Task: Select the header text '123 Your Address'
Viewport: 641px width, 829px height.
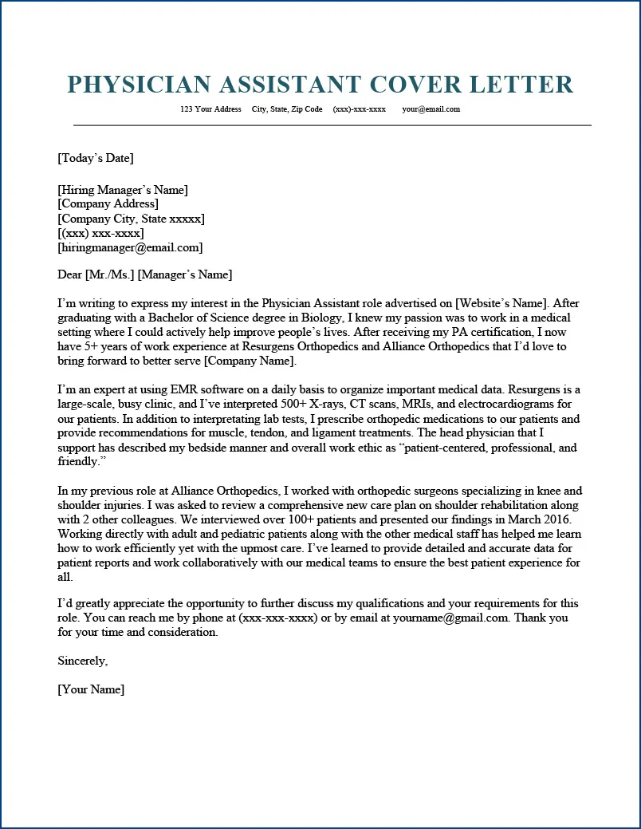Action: (x=210, y=109)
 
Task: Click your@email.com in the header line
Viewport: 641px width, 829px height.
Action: (x=431, y=109)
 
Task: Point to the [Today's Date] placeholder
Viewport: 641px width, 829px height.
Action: (x=96, y=158)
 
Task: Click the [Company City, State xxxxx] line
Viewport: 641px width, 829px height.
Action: (x=131, y=219)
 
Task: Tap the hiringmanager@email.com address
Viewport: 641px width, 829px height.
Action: (x=130, y=247)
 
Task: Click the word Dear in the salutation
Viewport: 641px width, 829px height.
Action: (x=69, y=275)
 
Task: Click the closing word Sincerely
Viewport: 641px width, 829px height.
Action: (x=82, y=661)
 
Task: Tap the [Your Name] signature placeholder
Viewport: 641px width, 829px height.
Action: (x=91, y=689)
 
